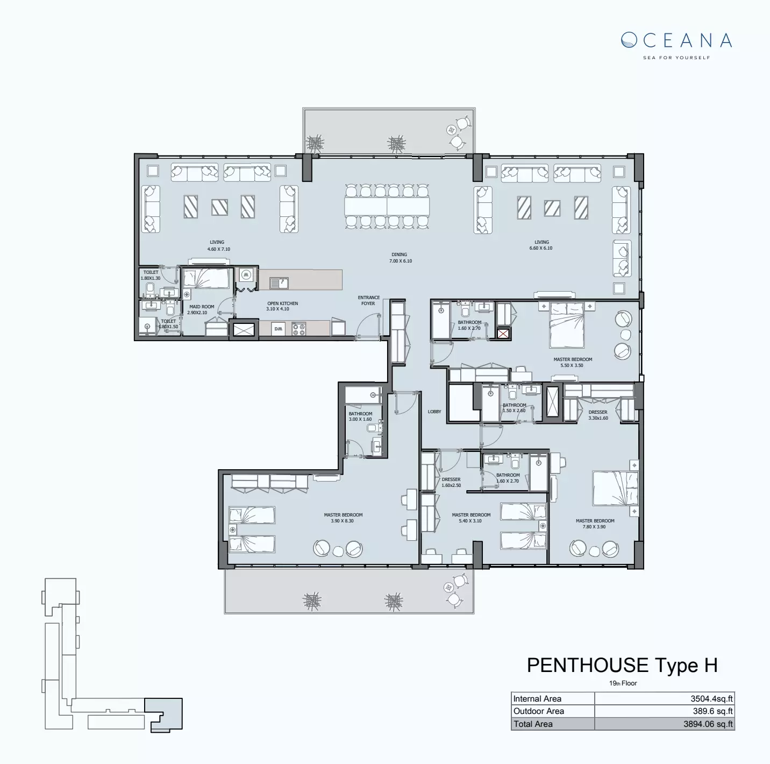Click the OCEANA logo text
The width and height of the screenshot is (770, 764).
click(676, 40)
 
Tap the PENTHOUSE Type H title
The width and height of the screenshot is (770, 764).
click(622, 665)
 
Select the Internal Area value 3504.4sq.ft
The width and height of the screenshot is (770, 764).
click(711, 699)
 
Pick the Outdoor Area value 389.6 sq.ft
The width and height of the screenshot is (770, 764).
click(712, 711)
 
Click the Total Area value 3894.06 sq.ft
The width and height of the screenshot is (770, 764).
click(708, 724)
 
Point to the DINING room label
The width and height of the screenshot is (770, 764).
click(399, 254)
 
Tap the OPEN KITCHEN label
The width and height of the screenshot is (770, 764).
click(282, 303)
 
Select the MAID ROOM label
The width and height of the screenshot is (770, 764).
click(202, 307)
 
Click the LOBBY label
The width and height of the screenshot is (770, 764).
click(434, 412)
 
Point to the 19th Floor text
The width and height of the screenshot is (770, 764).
click(623, 683)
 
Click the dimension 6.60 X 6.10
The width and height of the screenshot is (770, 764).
click(541, 249)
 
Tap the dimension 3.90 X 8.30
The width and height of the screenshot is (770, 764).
click(343, 521)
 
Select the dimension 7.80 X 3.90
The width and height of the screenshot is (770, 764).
click(595, 527)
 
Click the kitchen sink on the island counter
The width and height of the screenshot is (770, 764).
click(279, 282)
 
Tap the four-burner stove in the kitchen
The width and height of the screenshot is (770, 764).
click(298, 329)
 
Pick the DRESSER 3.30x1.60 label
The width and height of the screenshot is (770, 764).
click(598, 415)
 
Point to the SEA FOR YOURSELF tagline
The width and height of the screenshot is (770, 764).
click(676, 58)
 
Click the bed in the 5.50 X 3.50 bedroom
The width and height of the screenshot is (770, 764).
click(566, 325)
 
